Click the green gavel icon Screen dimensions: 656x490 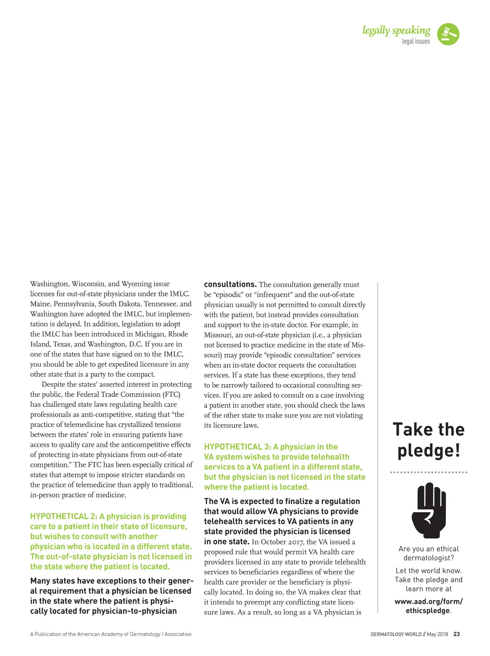448,34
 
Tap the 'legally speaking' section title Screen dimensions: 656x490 396,30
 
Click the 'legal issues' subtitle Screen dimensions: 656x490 416,41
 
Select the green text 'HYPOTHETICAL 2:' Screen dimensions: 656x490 64,517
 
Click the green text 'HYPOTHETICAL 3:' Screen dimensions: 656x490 238,447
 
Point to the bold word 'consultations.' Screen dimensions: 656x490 230,284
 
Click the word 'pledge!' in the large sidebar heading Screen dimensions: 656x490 429,451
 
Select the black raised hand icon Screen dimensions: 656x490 428,511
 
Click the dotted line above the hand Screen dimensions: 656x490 428,472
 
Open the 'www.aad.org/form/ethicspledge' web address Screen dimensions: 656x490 428,606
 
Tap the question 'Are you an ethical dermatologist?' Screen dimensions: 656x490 428,553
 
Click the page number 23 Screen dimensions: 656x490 457,634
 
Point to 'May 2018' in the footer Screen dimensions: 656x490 437,634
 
